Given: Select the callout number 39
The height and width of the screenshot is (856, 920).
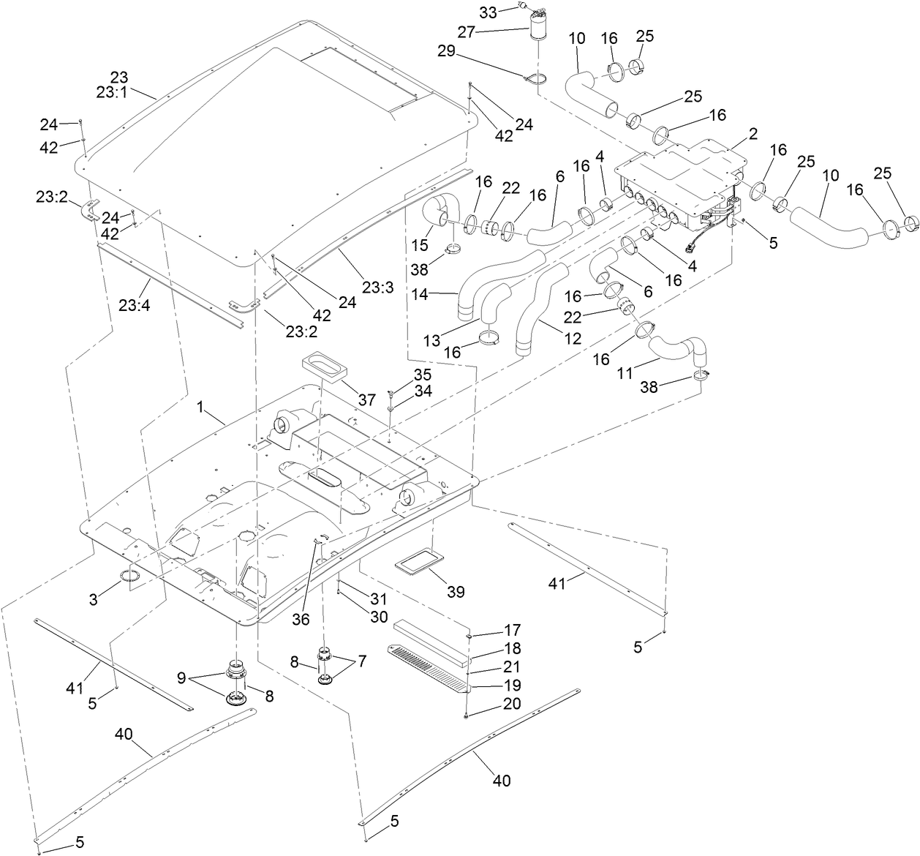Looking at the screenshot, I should click(456, 591).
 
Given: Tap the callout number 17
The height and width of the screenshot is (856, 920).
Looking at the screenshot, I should click(511, 629).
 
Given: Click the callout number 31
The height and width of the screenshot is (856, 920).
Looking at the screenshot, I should click(378, 598).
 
